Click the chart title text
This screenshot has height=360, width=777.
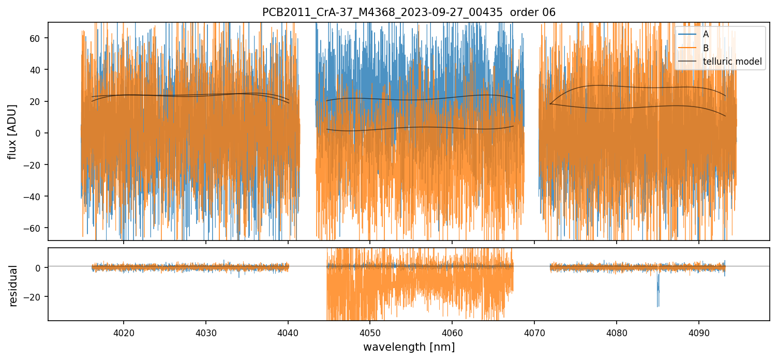point(409,12)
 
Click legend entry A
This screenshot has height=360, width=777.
point(706,34)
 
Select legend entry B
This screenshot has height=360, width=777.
point(706,48)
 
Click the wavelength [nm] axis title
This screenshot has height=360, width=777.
point(409,347)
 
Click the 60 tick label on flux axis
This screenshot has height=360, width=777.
point(37,38)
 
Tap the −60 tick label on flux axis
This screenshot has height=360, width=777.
point(34,228)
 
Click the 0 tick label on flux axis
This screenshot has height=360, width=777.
point(39,133)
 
